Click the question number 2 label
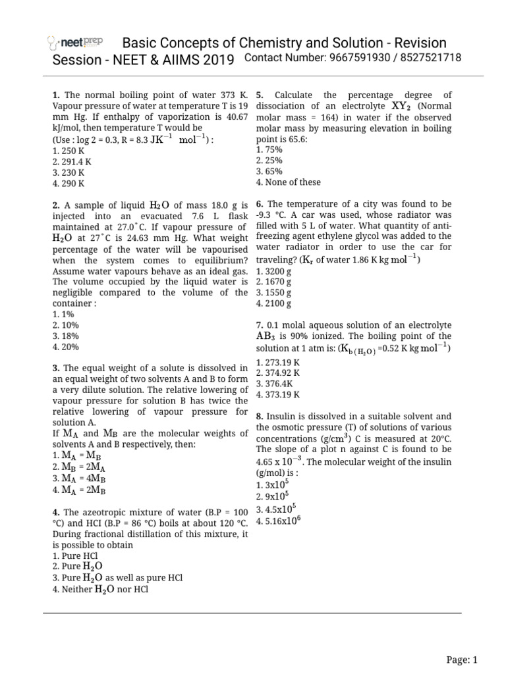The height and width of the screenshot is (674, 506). (55, 205)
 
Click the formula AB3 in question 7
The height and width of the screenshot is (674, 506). (268, 336)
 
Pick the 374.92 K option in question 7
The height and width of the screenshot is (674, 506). (279, 373)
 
